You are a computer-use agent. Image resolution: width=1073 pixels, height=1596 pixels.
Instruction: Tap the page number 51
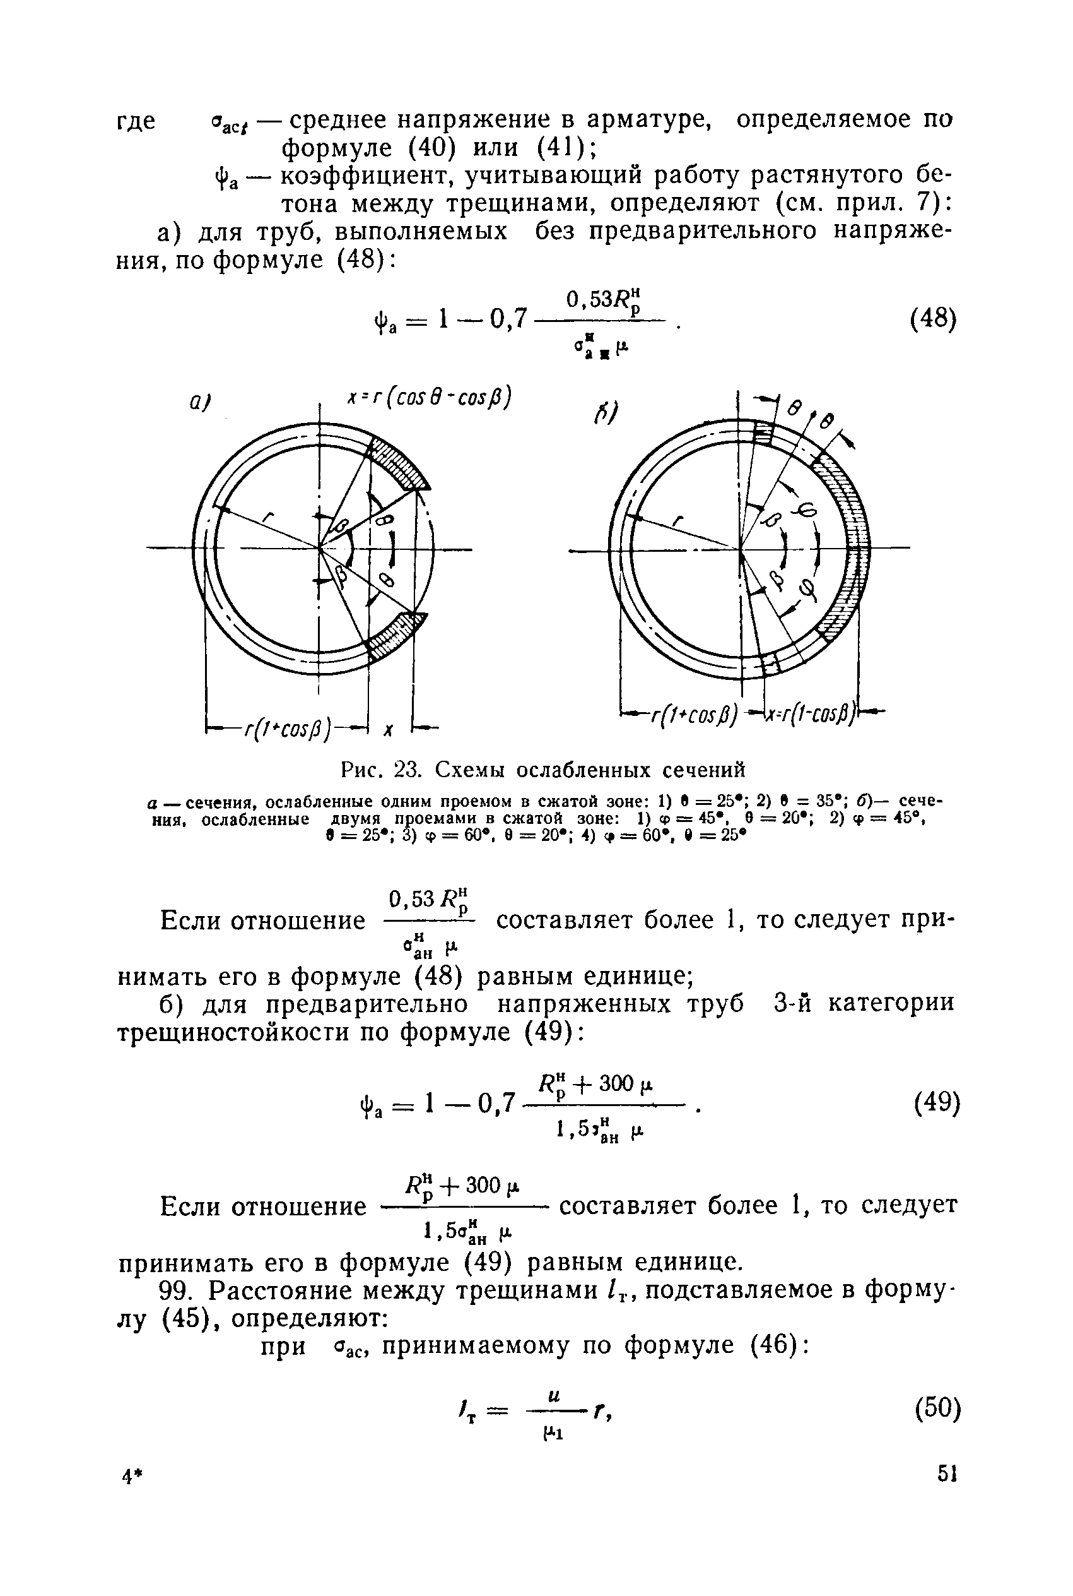946,1492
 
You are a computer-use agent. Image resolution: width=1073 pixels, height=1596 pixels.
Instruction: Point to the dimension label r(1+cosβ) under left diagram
288,728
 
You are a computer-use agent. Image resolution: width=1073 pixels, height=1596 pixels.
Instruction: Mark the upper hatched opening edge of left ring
397,465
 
